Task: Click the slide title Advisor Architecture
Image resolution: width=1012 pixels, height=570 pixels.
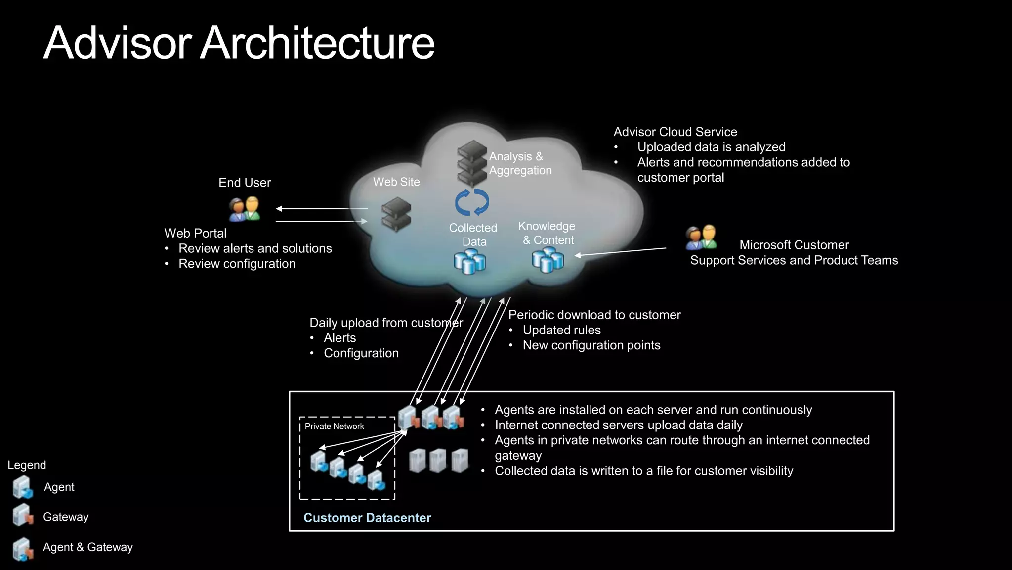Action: point(239,43)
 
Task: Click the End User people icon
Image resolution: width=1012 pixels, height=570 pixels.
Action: point(245,209)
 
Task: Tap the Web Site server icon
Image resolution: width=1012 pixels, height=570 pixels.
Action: point(396,214)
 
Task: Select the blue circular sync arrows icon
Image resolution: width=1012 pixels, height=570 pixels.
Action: point(472,202)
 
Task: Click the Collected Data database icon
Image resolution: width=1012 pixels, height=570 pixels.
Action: point(470,262)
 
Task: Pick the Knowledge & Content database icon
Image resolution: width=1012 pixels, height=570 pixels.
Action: point(548,260)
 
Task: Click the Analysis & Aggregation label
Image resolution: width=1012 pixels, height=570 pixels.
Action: point(520,163)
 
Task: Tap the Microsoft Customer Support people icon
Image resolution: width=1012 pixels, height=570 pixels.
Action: point(701,237)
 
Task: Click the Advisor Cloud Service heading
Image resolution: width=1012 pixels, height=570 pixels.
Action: point(675,132)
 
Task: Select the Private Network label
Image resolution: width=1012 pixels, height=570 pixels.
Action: point(334,427)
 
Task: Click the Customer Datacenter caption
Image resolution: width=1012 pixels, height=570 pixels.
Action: point(367,518)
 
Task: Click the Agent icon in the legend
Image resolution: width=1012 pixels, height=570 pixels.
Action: point(23,487)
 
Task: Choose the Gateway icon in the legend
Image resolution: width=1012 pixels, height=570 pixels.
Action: point(23,516)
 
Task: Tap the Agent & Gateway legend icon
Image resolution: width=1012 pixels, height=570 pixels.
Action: point(23,549)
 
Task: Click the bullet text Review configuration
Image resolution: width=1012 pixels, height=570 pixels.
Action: point(237,264)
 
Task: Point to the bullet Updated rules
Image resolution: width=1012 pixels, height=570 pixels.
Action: point(561,330)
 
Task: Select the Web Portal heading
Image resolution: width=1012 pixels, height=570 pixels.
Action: point(195,233)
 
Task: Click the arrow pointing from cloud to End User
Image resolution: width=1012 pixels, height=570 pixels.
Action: point(321,209)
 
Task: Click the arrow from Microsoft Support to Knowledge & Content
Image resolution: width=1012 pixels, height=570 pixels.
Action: point(620,252)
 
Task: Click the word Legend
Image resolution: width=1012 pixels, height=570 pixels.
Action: point(27,465)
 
